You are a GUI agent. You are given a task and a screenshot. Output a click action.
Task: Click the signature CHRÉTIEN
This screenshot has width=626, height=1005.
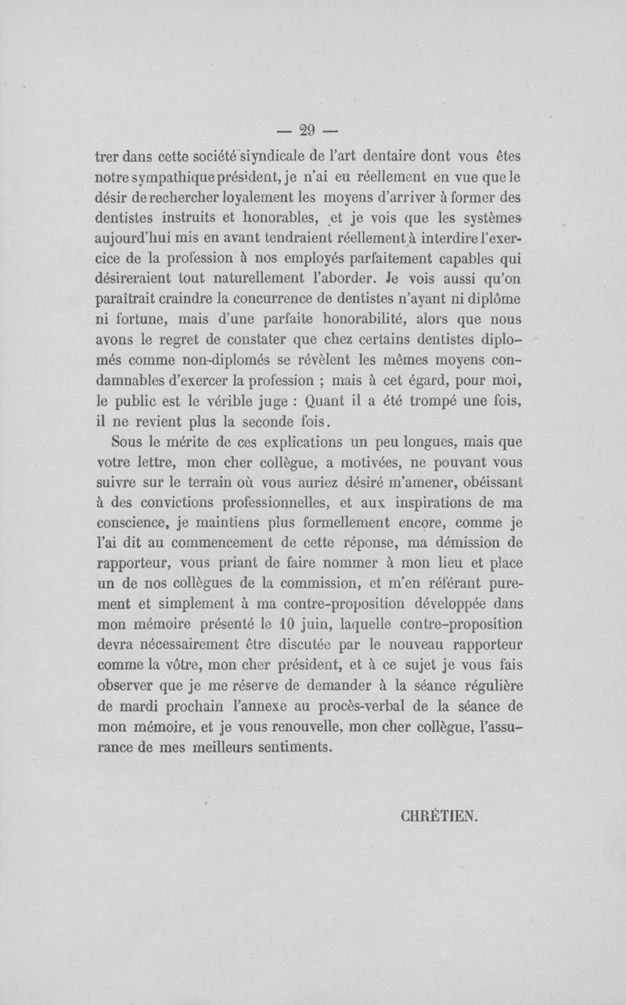coord(437,816)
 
